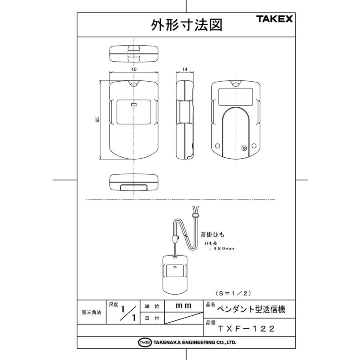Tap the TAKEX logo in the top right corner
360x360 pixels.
tap(274, 19)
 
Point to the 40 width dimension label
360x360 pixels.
tap(134, 69)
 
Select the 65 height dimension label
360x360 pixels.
tap(98, 120)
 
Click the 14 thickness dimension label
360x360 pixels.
tap(184, 69)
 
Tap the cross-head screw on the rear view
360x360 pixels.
tap(244, 148)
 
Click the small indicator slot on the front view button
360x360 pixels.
tap(134, 105)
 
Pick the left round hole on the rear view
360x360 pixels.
tap(217, 146)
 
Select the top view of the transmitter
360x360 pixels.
tap(134, 53)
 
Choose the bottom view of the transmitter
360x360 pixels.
tap(134, 182)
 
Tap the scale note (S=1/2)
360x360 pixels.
tap(232, 293)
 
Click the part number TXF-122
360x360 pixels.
tap(246, 329)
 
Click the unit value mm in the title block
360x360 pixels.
tap(184, 306)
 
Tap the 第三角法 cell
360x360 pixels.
tap(91, 312)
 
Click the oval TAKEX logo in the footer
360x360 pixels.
tap(145, 342)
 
